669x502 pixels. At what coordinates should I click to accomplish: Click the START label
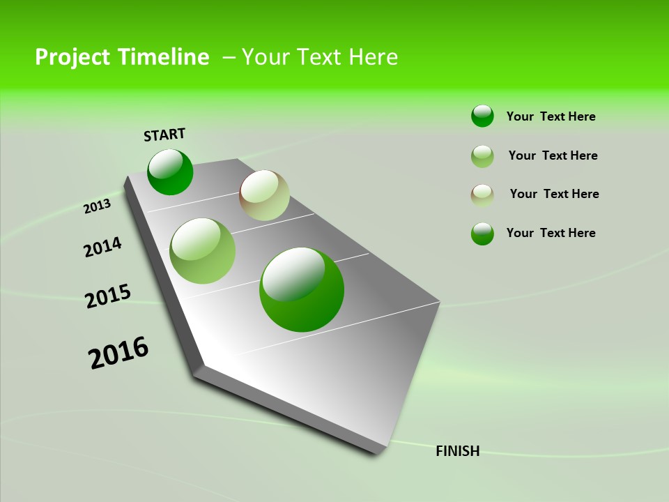tap(164, 135)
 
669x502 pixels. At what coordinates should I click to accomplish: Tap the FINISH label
tap(457, 451)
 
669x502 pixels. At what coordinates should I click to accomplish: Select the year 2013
tap(97, 206)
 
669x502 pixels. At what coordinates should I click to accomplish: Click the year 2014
tap(102, 247)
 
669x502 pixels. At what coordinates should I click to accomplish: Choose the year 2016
tap(118, 353)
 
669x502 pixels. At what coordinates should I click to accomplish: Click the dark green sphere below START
tap(170, 172)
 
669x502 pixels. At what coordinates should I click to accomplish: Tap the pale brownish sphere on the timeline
tap(264, 195)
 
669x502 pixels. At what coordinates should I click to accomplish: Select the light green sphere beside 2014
tap(203, 251)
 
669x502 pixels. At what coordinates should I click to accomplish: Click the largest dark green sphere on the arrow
tap(302, 289)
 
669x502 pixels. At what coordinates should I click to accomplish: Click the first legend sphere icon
tap(482, 116)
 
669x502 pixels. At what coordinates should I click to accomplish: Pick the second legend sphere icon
tap(482, 156)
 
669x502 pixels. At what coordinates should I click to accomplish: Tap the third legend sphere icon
tap(482, 195)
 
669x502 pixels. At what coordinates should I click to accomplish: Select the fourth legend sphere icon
tap(482, 234)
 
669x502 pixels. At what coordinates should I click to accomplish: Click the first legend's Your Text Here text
tap(551, 116)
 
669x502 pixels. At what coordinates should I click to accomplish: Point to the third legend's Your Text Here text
tap(554, 194)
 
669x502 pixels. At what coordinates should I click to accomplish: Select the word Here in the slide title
tap(373, 57)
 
